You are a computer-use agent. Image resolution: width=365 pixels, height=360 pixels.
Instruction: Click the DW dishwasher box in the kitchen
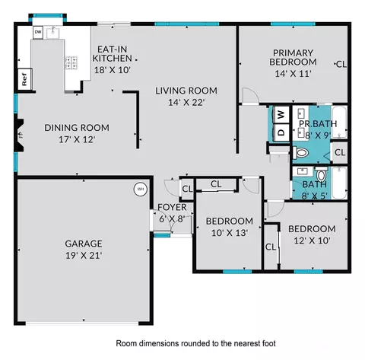38,32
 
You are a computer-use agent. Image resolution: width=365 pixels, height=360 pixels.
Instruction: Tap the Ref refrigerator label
24,78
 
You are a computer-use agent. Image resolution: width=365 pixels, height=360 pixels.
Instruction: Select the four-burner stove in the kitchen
73,63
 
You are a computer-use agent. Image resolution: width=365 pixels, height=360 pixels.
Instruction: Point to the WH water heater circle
140,189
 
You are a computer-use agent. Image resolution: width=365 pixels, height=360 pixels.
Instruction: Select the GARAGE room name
84,244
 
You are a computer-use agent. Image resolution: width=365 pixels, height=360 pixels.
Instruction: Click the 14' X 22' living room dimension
180,102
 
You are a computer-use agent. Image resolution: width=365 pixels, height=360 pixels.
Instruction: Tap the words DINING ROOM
76,127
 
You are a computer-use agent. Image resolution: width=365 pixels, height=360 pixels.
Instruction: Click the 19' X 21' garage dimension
84,255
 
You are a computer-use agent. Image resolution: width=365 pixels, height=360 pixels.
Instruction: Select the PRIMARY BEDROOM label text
294,57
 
